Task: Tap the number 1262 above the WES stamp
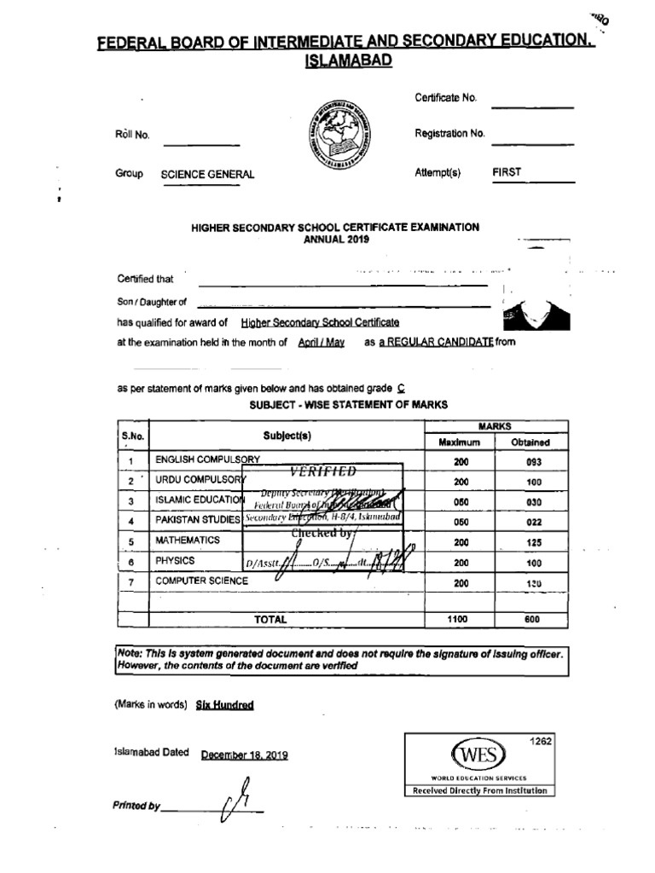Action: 541,742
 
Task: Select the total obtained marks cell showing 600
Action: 533,620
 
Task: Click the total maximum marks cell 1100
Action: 458,620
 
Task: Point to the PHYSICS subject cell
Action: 175,561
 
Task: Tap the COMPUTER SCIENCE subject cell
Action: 201,581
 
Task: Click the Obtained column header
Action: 530,442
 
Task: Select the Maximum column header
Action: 459,442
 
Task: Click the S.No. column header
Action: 132,436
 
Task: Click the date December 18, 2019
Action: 245,755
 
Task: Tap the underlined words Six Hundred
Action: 224,705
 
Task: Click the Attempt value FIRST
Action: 507,172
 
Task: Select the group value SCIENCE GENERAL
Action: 207,175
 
